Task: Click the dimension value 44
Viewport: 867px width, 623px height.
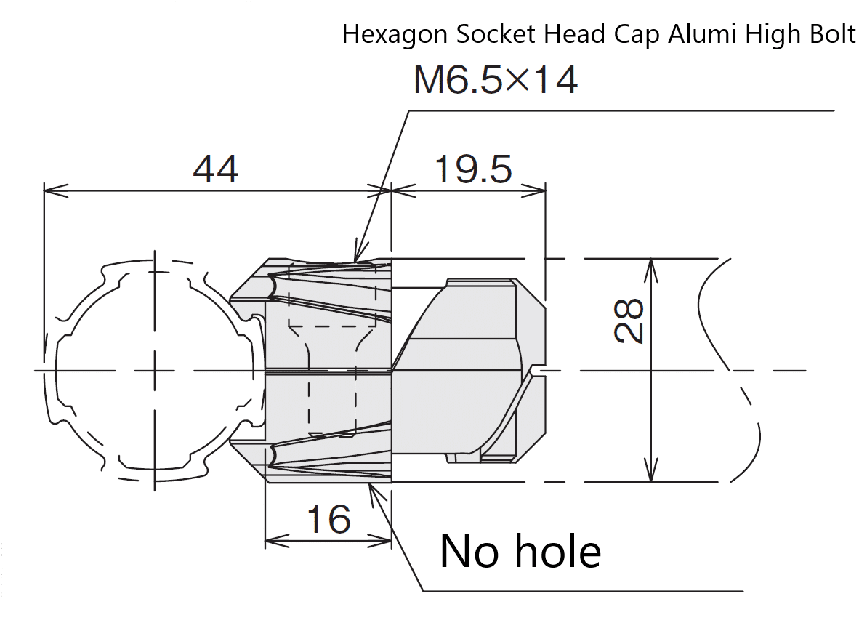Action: [216, 170]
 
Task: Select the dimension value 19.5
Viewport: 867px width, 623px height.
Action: [472, 170]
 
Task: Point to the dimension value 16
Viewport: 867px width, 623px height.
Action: [328, 519]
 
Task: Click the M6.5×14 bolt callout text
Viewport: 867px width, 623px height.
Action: [496, 80]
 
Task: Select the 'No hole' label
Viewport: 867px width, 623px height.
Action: [520, 552]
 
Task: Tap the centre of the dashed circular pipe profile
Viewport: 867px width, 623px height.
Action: [154, 371]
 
